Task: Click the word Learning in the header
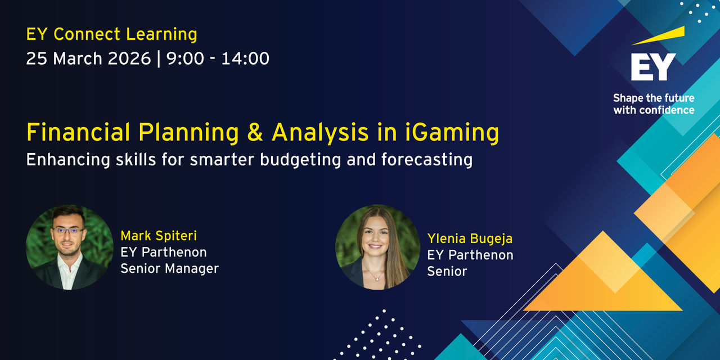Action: pos(161,35)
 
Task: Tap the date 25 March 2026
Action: pos(88,58)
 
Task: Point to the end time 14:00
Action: pos(245,58)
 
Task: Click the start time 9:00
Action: pos(185,58)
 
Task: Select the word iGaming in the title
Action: pos(452,132)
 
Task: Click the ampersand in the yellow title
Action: pos(255,132)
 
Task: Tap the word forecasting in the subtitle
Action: pos(427,160)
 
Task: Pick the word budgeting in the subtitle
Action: pos(300,160)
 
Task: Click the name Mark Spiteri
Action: pos(159,236)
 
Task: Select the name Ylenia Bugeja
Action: pos(470,239)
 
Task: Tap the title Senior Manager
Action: pos(170,268)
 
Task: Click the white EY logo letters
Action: pos(653,67)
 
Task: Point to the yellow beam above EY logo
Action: pos(659,35)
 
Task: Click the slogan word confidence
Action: pos(667,110)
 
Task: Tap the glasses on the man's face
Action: pos(68,230)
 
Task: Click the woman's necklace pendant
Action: pos(377,279)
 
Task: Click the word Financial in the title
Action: pos(78,132)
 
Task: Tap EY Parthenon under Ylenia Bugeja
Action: pos(470,255)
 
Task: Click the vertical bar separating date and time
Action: pos(159,59)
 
